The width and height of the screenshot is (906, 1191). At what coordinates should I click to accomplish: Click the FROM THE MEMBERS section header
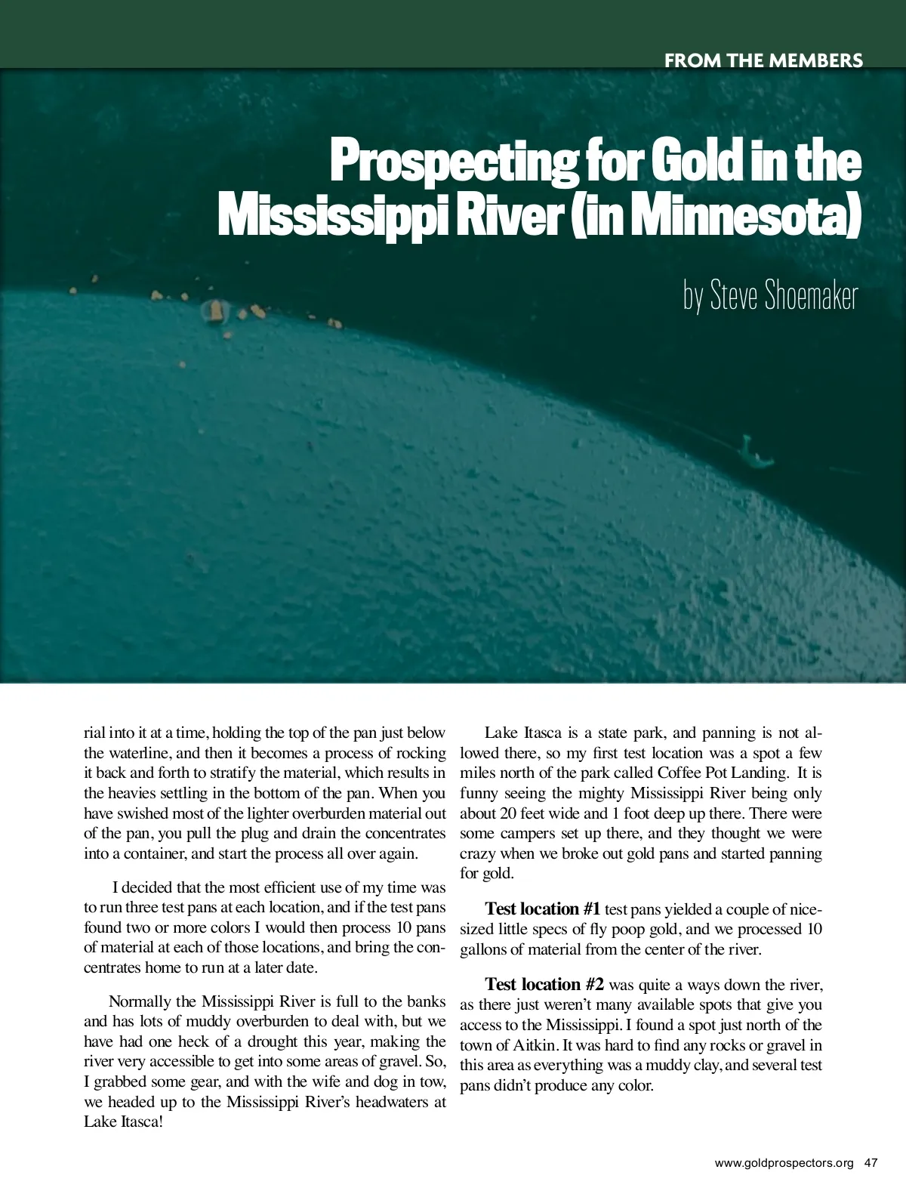click(x=763, y=60)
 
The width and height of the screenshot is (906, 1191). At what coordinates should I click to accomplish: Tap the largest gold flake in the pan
click(x=215, y=309)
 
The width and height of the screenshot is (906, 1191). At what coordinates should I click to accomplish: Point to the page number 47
click(x=871, y=1163)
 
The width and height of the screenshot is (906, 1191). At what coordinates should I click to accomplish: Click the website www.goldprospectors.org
click(x=784, y=1163)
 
